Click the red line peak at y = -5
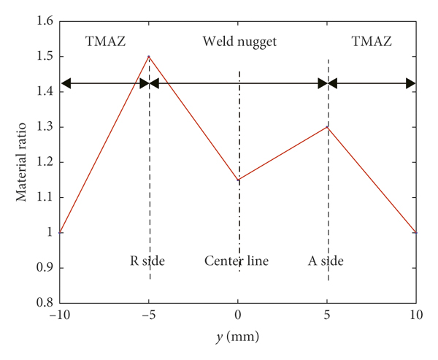tap(149, 56)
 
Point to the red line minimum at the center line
tap(239, 180)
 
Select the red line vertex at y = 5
tap(328, 127)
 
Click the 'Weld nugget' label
tap(239, 42)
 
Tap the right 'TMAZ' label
tap(371, 42)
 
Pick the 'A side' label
tap(325, 261)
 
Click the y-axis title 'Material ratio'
tap(23, 162)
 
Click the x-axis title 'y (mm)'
tap(239, 338)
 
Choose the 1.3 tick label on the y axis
tap(44, 127)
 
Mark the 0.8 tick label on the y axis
tap(44, 303)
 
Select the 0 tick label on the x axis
tap(239, 316)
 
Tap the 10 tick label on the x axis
tap(417, 316)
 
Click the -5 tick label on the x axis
tap(148, 316)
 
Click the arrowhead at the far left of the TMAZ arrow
tap(66, 83)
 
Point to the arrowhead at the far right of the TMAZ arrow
tap(411, 83)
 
